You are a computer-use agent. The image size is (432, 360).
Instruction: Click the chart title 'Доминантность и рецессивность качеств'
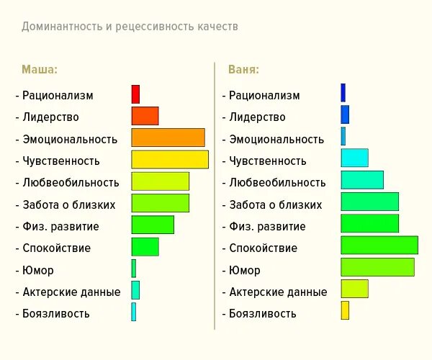pos(130,27)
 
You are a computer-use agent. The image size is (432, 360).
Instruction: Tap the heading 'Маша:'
pos(40,70)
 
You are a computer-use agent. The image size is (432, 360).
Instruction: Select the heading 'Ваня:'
pos(243,70)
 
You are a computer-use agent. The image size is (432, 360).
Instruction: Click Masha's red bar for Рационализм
pos(135,94)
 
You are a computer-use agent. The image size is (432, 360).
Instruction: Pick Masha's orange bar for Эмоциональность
pos(168,138)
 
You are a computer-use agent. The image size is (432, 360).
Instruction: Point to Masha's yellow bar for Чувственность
pos(170,160)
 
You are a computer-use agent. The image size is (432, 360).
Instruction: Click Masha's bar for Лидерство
pos(145,116)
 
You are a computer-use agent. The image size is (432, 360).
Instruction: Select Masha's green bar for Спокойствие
pos(145,247)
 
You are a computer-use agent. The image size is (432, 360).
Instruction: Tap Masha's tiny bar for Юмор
pos(133,269)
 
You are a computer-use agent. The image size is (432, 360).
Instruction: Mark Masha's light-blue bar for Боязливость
pos(133,312)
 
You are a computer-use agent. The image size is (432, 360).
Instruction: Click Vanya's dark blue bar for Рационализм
pos(343,92)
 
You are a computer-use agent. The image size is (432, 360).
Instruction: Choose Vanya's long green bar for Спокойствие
pos(379,245)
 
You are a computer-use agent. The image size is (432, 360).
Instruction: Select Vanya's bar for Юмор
pos(377,267)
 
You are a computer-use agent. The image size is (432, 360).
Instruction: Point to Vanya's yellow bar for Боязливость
pos(345,310)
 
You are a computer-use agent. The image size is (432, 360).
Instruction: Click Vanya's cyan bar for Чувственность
pos(354,158)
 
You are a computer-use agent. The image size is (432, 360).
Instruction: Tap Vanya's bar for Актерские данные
pos(354,289)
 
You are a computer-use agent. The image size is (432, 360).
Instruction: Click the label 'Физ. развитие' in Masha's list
pos(60,226)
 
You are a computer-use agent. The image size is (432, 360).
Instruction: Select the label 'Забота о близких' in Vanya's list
pos(276,204)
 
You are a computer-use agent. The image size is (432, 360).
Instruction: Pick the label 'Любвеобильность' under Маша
pos(71,182)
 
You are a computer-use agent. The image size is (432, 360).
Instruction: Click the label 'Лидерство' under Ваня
pos(257,117)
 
